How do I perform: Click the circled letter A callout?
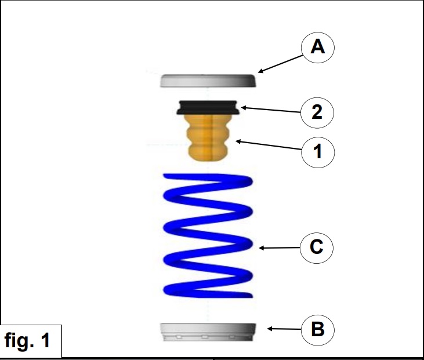coord(317,47)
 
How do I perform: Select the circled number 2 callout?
coord(317,112)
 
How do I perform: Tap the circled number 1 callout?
coord(317,152)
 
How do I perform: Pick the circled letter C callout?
coord(317,248)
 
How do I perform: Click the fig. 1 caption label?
coord(30,340)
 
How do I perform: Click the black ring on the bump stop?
coord(208,108)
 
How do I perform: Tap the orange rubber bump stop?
coord(208,137)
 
